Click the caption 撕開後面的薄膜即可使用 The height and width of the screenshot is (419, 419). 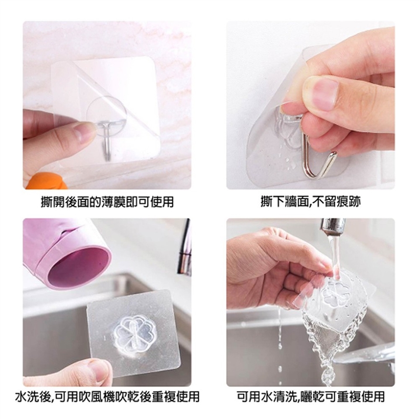[x=107, y=202]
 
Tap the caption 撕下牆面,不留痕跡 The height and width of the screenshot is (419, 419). [x=310, y=202]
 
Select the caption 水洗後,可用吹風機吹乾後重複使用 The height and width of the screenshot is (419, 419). [x=107, y=397]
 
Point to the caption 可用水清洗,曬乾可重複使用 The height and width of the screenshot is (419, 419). [x=310, y=397]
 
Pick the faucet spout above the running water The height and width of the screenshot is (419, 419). [x=332, y=227]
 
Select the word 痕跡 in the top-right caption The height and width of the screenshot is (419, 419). [x=351, y=202]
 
